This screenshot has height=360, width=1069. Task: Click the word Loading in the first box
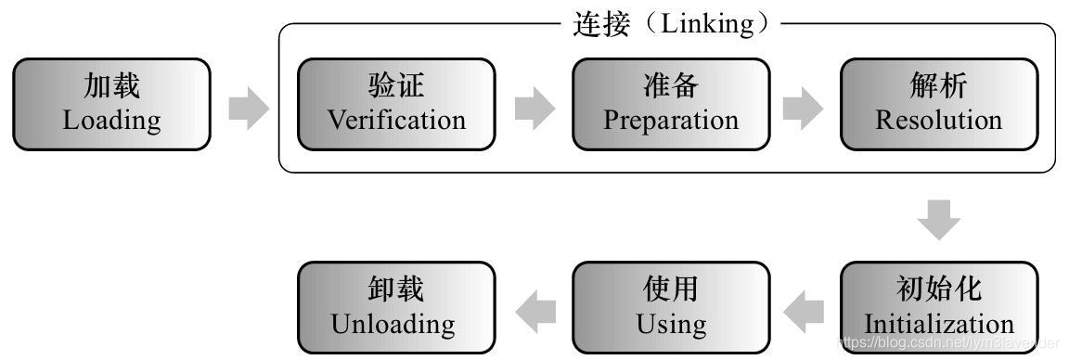coord(111,121)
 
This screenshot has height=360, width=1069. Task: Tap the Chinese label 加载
coord(111,87)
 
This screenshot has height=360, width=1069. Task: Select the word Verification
coord(396,121)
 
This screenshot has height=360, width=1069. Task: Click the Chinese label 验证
coord(396,87)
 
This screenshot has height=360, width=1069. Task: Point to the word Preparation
coord(671,121)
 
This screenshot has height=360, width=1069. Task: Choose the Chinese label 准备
coord(671,87)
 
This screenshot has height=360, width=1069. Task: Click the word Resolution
coord(939,121)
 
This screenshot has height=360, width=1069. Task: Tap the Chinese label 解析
coord(939,87)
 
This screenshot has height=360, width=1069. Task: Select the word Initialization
coord(939,325)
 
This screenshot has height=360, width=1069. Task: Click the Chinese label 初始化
coord(939,290)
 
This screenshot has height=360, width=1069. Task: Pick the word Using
coord(671,325)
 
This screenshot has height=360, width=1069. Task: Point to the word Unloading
coord(393,325)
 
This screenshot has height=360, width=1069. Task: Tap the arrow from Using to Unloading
coord(534,310)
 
